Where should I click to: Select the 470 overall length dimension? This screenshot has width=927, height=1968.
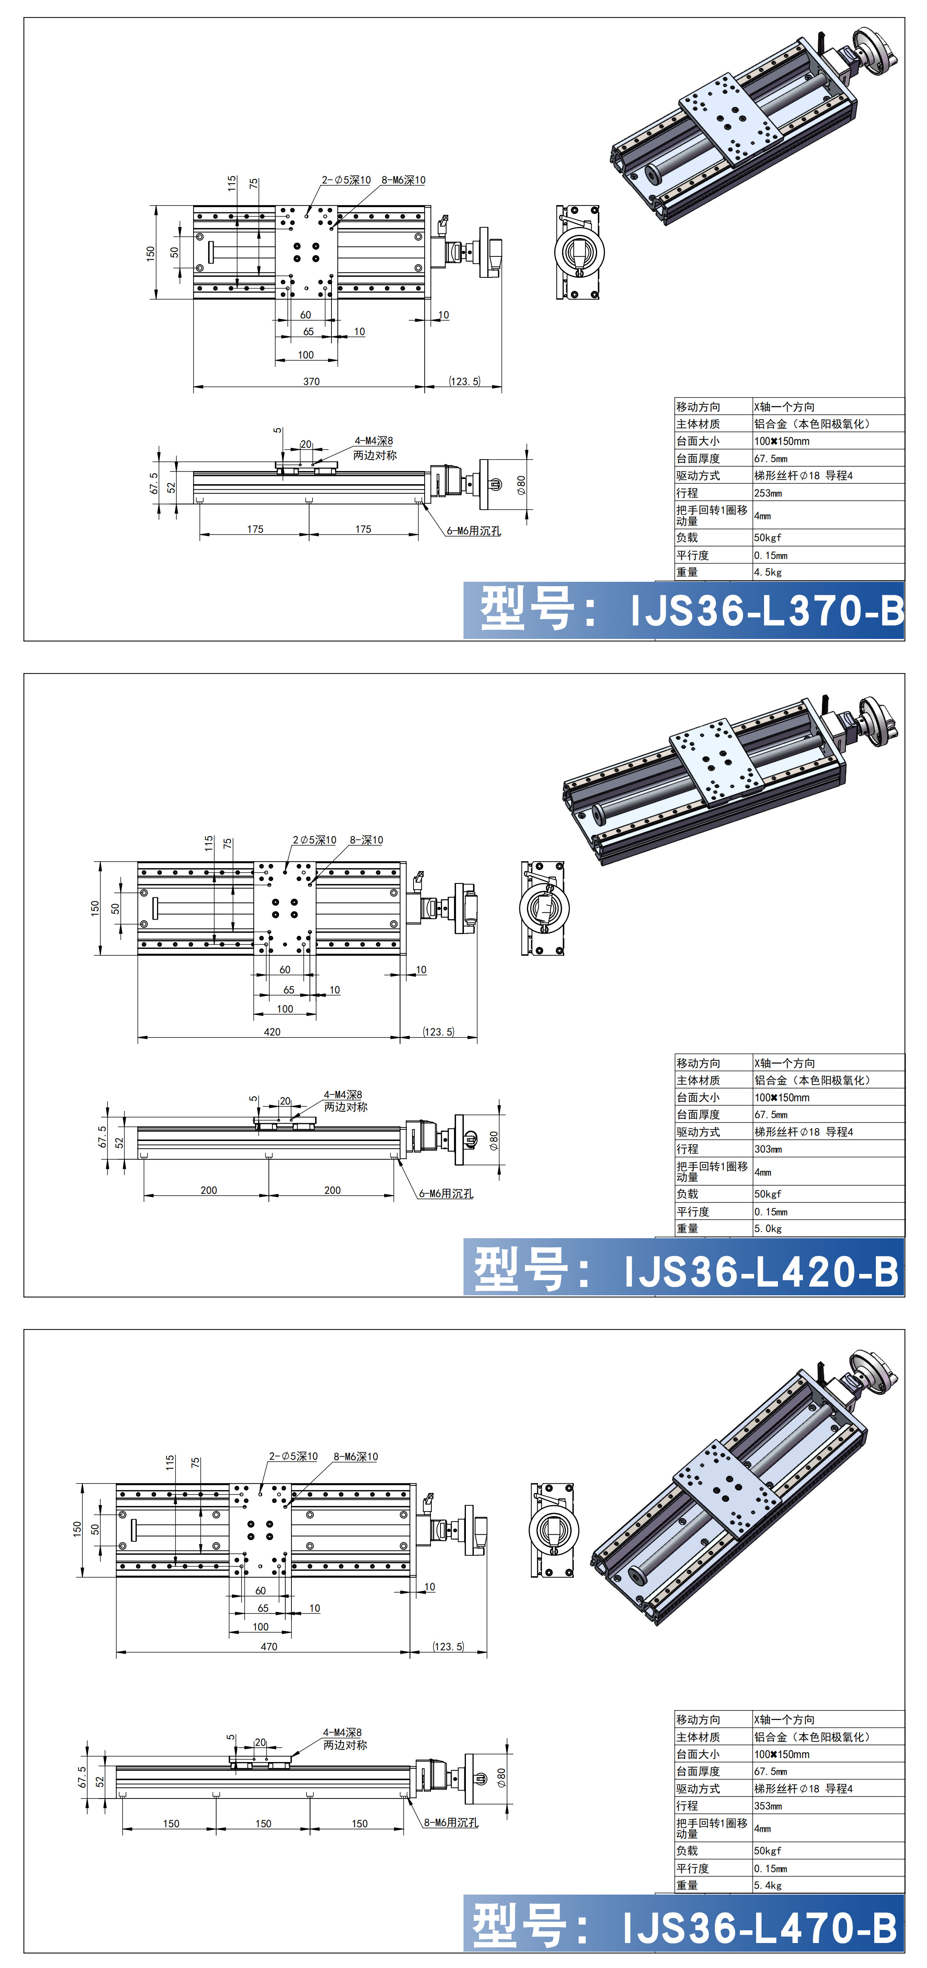pos(269,1647)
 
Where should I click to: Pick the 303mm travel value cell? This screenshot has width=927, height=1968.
pos(768,1149)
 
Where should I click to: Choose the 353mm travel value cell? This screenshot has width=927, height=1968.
pos(768,1806)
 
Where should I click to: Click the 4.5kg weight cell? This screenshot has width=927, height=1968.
pos(768,572)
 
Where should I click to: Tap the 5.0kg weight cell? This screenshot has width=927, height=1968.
pos(768,1229)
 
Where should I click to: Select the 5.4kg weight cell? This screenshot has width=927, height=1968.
pos(768,1885)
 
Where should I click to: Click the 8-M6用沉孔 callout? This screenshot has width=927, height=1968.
pos(451,1823)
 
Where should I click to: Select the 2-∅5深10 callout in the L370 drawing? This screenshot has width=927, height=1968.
pos(346,180)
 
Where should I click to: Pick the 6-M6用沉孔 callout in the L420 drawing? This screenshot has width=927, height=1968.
pos(446,1193)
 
